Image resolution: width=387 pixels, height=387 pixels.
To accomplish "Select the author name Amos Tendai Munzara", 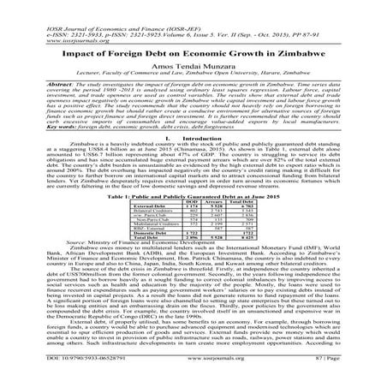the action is (x=193, y=64).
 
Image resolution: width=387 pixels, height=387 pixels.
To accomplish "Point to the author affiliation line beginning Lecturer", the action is (x=193, y=74).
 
